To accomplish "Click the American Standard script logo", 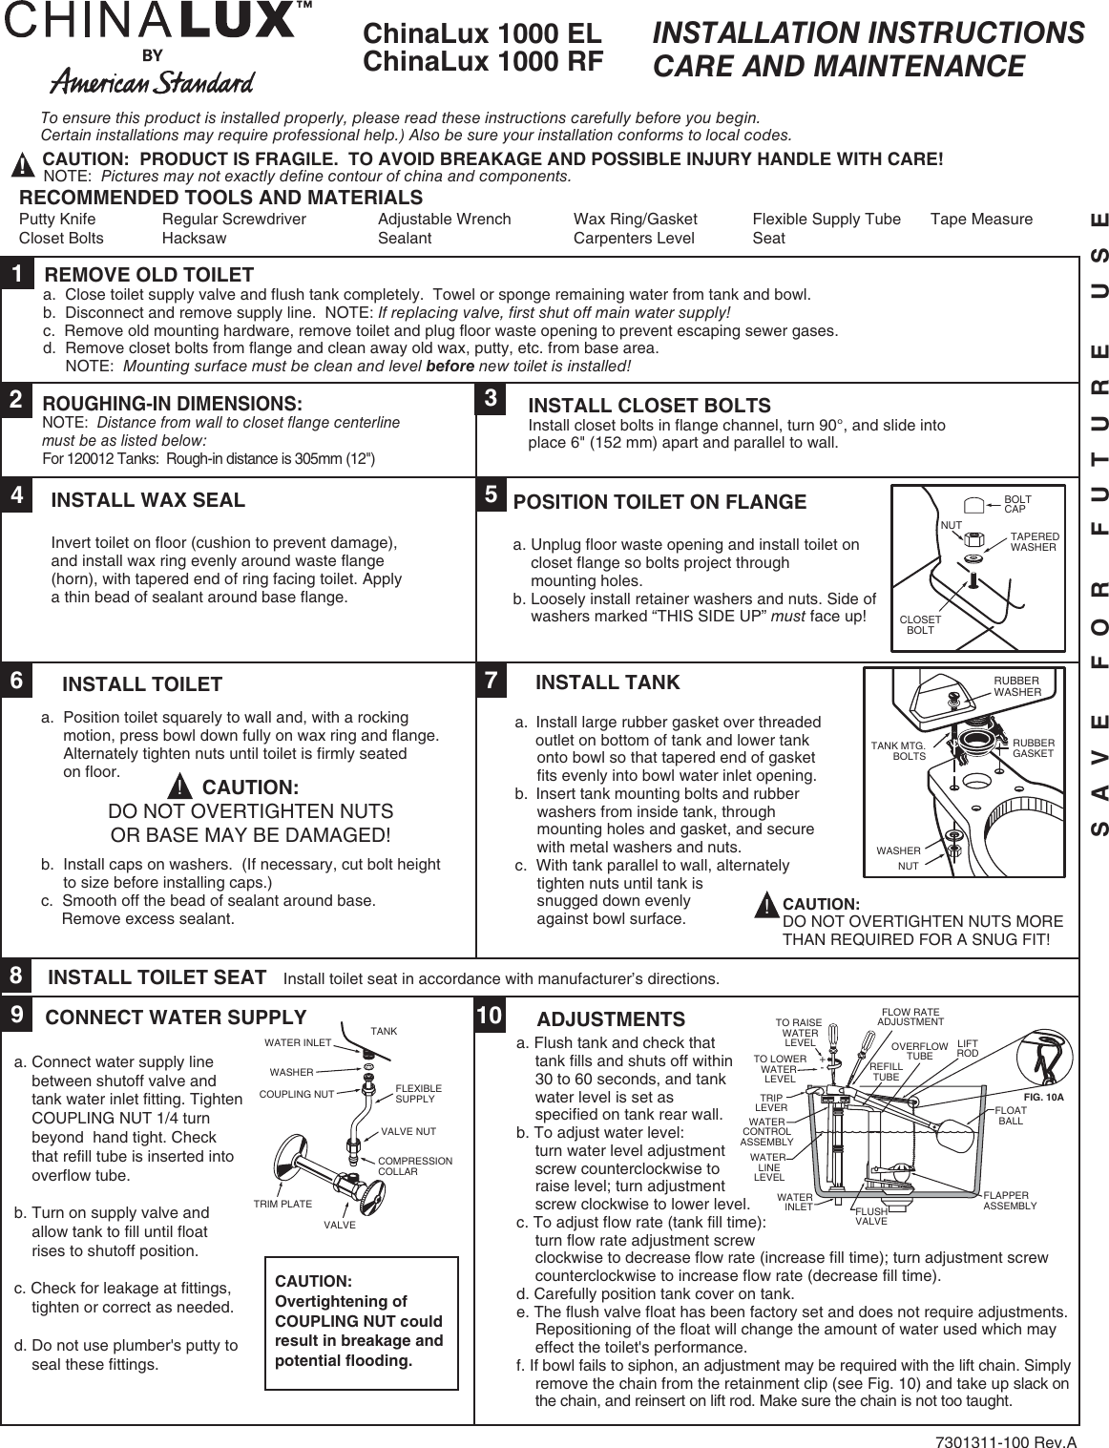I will point(153,82).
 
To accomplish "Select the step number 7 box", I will point(492,681).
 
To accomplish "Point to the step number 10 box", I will point(490,1016).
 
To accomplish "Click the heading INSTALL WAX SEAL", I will point(148,500).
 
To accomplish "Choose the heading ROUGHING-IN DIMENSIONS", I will point(173,404).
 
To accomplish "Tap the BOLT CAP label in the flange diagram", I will point(1017,504).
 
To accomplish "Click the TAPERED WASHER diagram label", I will point(1034,542).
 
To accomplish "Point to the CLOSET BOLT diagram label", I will point(920,625).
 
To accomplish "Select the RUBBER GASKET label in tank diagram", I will point(1034,747).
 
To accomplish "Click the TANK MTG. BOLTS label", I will point(899,750).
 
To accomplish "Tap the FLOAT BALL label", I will point(1010,1116).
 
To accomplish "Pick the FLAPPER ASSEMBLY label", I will point(1010,1201).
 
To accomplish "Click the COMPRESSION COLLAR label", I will point(415,1165).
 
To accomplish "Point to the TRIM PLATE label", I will point(282,1204).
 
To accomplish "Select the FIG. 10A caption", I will point(1043,1098).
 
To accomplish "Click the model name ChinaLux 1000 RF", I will point(483,62).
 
